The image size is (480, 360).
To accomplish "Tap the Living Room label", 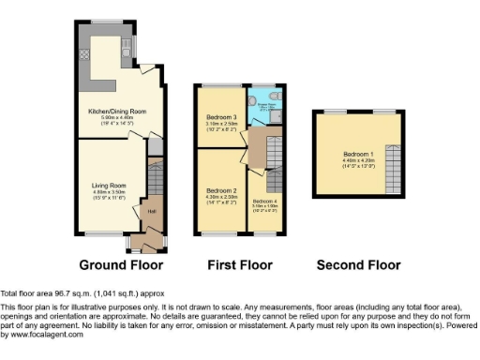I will pyautogui.click(x=109, y=186).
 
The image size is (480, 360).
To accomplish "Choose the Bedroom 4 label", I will pyautogui.click(x=264, y=201).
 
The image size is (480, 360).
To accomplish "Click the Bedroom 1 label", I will pyautogui.click(x=357, y=153).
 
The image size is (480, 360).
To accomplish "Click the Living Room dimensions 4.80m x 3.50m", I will pyautogui.click(x=109, y=192).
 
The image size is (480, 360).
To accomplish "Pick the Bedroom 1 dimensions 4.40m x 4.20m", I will pyautogui.click(x=357, y=159).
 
